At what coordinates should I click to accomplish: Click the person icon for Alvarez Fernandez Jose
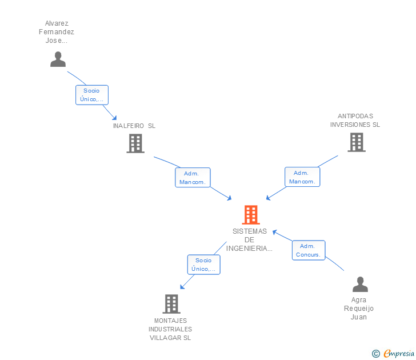click(x=58, y=59)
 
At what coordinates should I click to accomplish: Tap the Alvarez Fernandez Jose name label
click(x=57, y=32)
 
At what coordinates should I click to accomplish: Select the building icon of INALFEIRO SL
click(x=135, y=143)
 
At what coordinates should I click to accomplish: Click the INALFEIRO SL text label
click(x=134, y=126)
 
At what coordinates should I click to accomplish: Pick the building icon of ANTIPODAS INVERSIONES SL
click(x=356, y=142)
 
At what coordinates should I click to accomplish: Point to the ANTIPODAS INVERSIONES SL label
click(x=355, y=121)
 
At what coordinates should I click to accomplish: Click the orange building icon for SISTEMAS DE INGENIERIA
click(x=251, y=215)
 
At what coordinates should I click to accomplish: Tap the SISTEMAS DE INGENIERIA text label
click(x=250, y=239)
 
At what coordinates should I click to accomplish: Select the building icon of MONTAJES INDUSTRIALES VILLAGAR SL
click(x=171, y=304)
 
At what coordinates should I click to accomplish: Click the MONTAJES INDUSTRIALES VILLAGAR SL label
click(x=170, y=329)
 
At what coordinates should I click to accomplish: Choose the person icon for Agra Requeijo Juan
click(x=360, y=284)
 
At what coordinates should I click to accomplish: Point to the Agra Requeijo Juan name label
click(x=359, y=309)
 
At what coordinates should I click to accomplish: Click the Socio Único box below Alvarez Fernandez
click(x=91, y=95)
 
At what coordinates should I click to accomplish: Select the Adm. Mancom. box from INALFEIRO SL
click(x=193, y=178)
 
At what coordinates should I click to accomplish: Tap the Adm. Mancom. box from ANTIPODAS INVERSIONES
click(x=302, y=177)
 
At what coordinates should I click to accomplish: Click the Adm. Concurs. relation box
click(x=309, y=250)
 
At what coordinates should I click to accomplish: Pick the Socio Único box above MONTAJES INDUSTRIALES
click(x=203, y=265)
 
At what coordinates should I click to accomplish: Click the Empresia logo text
click(x=399, y=354)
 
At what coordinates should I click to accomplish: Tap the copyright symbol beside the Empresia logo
click(x=376, y=354)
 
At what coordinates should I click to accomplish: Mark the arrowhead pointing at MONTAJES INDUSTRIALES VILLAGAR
click(x=182, y=287)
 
